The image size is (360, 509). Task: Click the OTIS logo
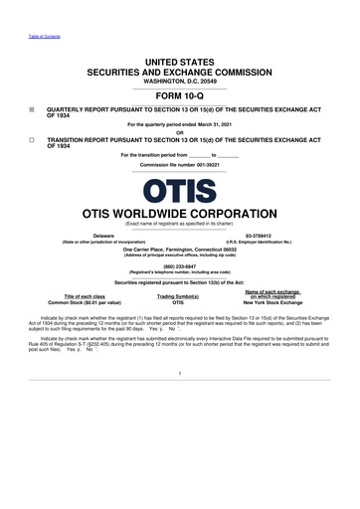(x=179, y=190)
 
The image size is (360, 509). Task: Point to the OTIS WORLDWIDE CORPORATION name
(x=180, y=213)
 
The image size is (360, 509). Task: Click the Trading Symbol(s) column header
(x=179, y=296)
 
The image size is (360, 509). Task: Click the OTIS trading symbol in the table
(x=179, y=302)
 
